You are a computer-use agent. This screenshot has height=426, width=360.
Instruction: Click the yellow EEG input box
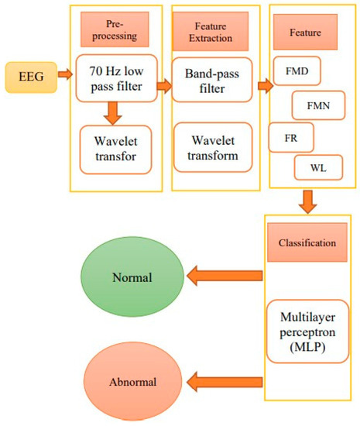click(x=28, y=75)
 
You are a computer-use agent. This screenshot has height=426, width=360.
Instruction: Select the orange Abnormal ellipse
click(x=132, y=382)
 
